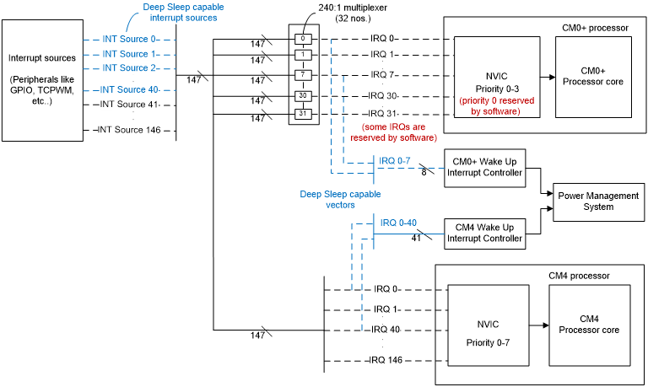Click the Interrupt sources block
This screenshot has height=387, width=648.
(42, 81)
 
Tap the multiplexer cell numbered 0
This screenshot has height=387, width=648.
(303, 39)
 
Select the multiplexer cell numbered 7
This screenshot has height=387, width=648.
(303, 75)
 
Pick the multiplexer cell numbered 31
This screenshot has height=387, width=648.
(303, 114)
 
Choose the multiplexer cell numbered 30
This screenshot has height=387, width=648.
(303, 96)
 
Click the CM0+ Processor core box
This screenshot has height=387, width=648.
(593, 78)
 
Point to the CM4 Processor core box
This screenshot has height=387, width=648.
(589, 325)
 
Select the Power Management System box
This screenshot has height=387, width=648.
(598, 202)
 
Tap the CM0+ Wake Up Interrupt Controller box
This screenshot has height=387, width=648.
(485, 168)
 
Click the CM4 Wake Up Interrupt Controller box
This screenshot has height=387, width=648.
(485, 234)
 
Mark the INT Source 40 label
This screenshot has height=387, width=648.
(129, 89)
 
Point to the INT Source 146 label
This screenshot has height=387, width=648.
(129, 130)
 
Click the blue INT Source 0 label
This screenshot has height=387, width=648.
(129, 39)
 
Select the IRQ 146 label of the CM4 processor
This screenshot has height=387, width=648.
(386, 360)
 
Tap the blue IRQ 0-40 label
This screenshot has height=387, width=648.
(398, 223)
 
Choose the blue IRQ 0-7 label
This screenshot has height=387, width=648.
(395, 161)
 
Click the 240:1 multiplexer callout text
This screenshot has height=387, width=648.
(353, 13)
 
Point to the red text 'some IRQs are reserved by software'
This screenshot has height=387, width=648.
(393, 132)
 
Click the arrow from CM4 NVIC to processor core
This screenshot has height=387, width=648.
(539, 325)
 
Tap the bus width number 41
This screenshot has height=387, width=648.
(416, 239)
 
